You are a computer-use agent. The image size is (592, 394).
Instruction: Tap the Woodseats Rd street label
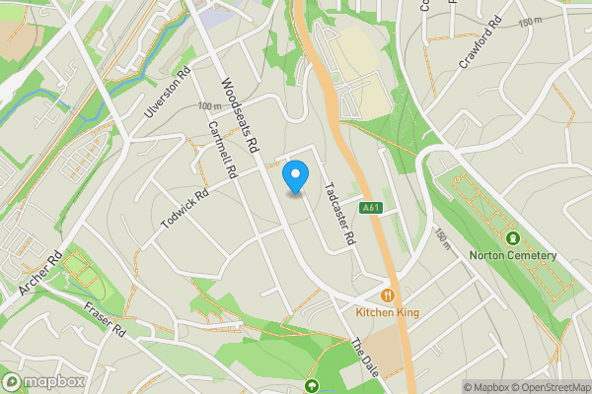239,116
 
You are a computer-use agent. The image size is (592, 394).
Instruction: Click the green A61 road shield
371,208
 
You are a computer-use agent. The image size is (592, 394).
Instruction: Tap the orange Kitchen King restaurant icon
389,294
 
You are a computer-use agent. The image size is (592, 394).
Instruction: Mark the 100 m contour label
209,106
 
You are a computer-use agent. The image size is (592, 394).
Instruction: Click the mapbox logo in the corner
43,382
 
